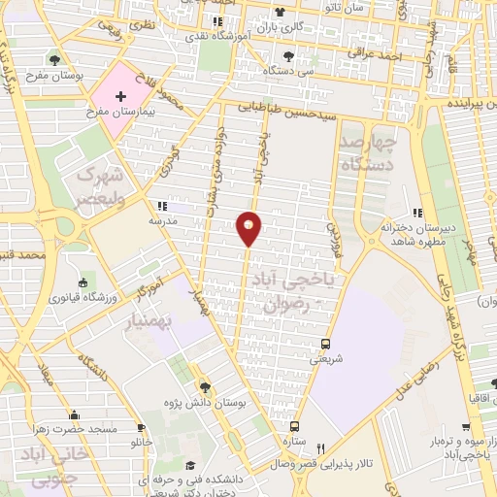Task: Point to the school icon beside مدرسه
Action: [x=160, y=206]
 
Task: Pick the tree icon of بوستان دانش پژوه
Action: [x=204, y=385]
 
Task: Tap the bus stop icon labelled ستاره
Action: [x=293, y=425]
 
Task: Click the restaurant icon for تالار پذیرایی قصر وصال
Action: [x=320, y=447]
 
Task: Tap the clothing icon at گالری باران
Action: [x=280, y=12]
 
